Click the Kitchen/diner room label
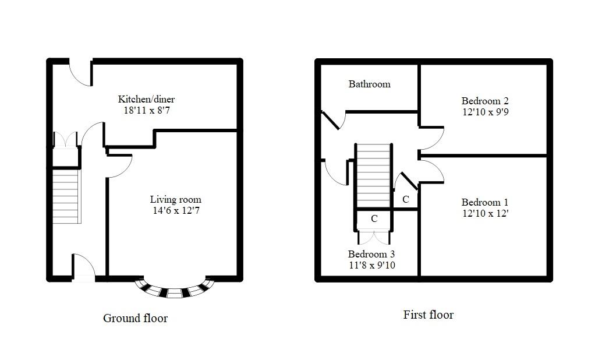[x=146, y=99]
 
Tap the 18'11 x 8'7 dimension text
[x=146, y=110]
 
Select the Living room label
[x=175, y=199]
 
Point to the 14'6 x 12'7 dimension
[x=175, y=210]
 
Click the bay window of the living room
[x=175, y=288]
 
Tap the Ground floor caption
[x=135, y=318]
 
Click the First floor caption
[x=428, y=315]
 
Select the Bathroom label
[x=369, y=84]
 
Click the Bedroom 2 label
[x=481, y=100]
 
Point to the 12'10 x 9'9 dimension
[x=481, y=111]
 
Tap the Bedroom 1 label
[x=481, y=202]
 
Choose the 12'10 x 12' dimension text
[x=481, y=213]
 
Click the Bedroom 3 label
[x=371, y=254]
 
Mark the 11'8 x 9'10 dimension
[x=371, y=265]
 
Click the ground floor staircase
[x=66, y=195]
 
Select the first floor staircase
[x=373, y=175]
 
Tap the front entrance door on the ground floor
[x=83, y=270]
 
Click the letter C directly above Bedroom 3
[x=374, y=219]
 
